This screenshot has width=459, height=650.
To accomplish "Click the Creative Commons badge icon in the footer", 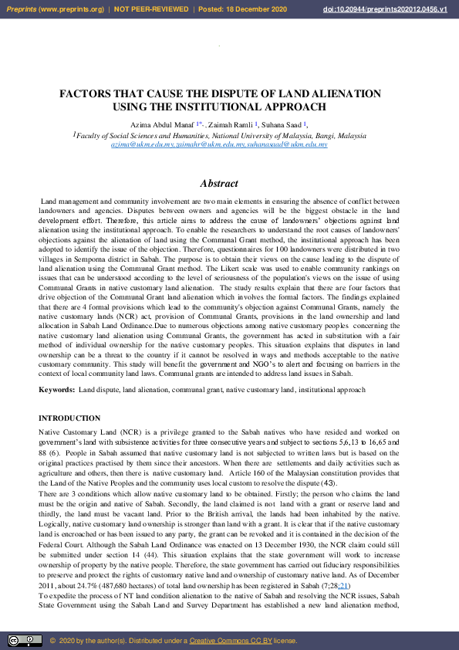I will [25, 640].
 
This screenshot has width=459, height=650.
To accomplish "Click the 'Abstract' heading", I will [218, 183].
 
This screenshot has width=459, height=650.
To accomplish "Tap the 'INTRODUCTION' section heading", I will [69, 418].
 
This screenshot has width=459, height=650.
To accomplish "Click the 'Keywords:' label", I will [57, 390].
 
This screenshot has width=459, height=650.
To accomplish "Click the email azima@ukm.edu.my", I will [138, 144].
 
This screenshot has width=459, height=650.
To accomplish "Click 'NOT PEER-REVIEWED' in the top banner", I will [150, 9].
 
